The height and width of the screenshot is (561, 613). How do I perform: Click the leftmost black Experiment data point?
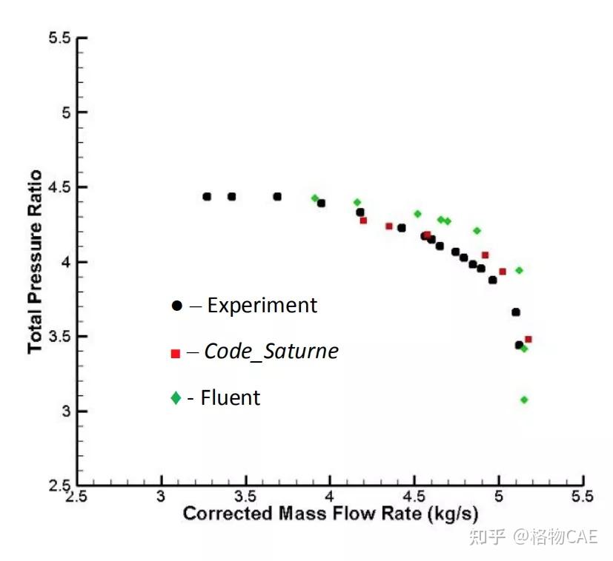[x=207, y=197]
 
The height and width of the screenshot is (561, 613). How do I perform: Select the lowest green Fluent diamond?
[x=524, y=400]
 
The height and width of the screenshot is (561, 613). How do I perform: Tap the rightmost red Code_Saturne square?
[x=528, y=340]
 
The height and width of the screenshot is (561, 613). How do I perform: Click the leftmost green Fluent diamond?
[x=315, y=198]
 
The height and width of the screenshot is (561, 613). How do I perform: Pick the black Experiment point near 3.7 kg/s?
[x=277, y=197]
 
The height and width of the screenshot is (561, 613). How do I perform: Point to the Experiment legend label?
[x=262, y=305]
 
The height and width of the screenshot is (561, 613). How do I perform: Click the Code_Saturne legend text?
[x=271, y=351]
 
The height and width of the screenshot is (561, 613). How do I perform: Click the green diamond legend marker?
[x=176, y=398]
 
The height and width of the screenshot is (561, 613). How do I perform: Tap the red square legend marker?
[x=176, y=353]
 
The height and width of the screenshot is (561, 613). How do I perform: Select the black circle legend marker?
[x=176, y=305]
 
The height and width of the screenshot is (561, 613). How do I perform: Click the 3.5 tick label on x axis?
[x=245, y=495]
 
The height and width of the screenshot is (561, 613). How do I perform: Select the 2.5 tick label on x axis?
[x=76, y=495]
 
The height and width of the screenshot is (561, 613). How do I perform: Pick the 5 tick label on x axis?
[x=498, y=495]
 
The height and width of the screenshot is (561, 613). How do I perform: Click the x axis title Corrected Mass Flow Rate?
[x=330, y=514]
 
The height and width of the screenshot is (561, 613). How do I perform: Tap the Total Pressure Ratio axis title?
[x=34, y=262]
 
